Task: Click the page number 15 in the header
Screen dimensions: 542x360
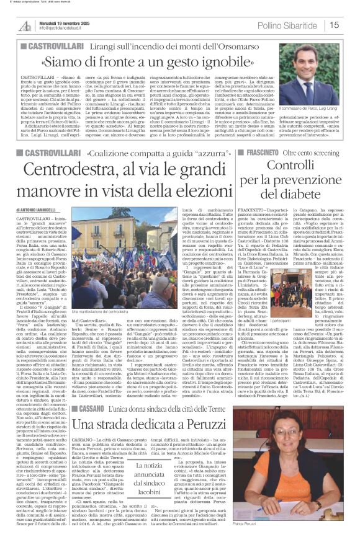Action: (x=351, y=25)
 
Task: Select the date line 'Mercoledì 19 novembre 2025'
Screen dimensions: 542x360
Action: (x=68, y=22)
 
